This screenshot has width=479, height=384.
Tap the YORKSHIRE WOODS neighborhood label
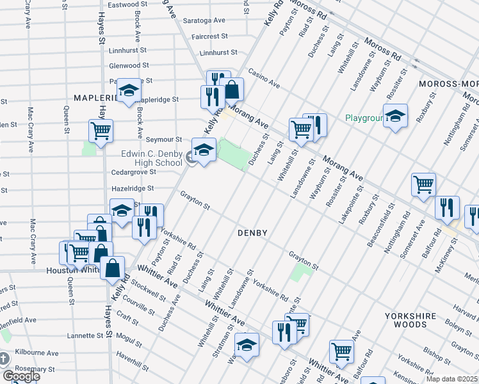pos(410,321)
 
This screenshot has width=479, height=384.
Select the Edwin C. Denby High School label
pos(152,157)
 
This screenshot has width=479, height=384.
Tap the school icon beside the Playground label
pos(396,115)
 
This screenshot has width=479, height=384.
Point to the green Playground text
pos(364,118)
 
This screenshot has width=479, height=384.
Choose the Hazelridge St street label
pos(133,188)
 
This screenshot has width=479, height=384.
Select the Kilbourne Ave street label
pos(37,353)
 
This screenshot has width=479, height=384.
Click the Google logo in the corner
pos(21,376)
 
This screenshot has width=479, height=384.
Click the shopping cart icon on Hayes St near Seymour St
pos(101,131)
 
